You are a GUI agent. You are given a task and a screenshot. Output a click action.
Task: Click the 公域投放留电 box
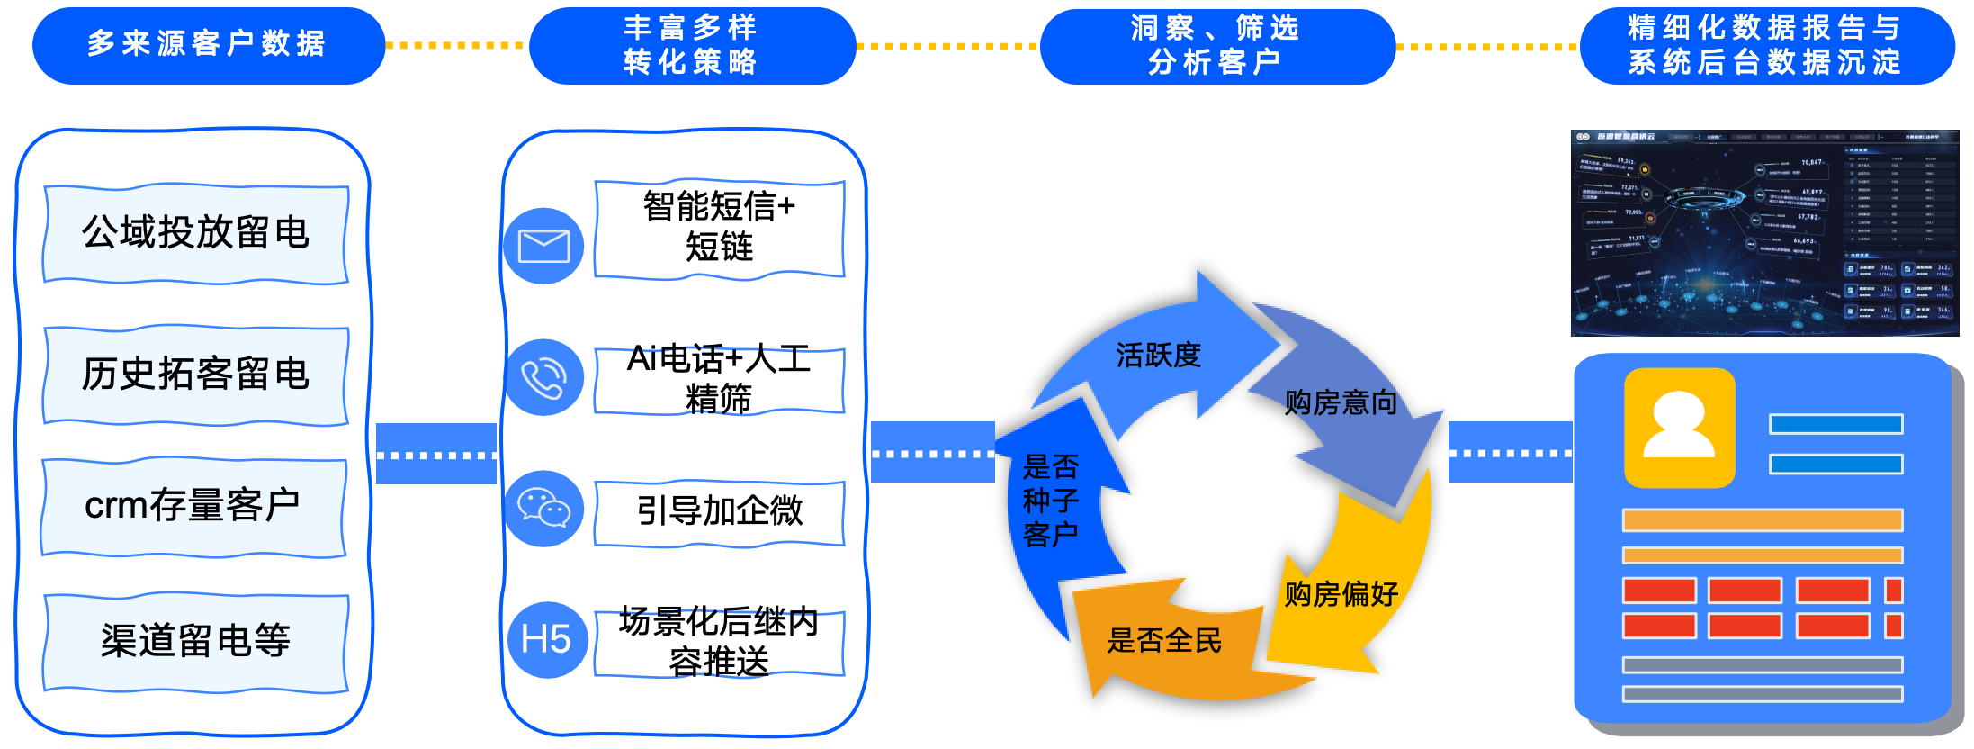coord(196,233)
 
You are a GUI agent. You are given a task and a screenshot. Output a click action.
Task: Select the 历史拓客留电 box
coord(196,374)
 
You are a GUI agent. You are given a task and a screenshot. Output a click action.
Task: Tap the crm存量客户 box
coord(193,507)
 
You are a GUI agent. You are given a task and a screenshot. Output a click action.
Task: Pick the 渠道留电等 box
coord(196,641)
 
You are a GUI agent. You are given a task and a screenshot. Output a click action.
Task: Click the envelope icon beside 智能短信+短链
coord(543,246)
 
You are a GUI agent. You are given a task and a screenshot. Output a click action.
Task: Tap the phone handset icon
coord(543,377)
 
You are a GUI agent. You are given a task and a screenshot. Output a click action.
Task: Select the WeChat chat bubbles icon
coord(543,509)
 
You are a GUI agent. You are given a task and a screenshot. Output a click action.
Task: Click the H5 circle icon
coord(546,640)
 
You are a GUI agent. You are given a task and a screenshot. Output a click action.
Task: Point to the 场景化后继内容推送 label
coord(719,642)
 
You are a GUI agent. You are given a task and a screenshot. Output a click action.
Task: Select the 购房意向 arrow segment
coord(1341,402)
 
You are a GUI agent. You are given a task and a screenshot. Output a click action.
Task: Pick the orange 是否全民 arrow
coord(1164,642)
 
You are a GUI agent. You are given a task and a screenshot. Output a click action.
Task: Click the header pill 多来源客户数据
coord(208,44)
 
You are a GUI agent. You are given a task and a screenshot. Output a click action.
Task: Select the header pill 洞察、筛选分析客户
coord(1216,46)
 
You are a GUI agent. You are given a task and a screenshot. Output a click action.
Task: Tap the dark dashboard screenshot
coord(1764,233)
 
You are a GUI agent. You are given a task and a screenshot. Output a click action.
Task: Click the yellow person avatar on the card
coord(1679,428)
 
